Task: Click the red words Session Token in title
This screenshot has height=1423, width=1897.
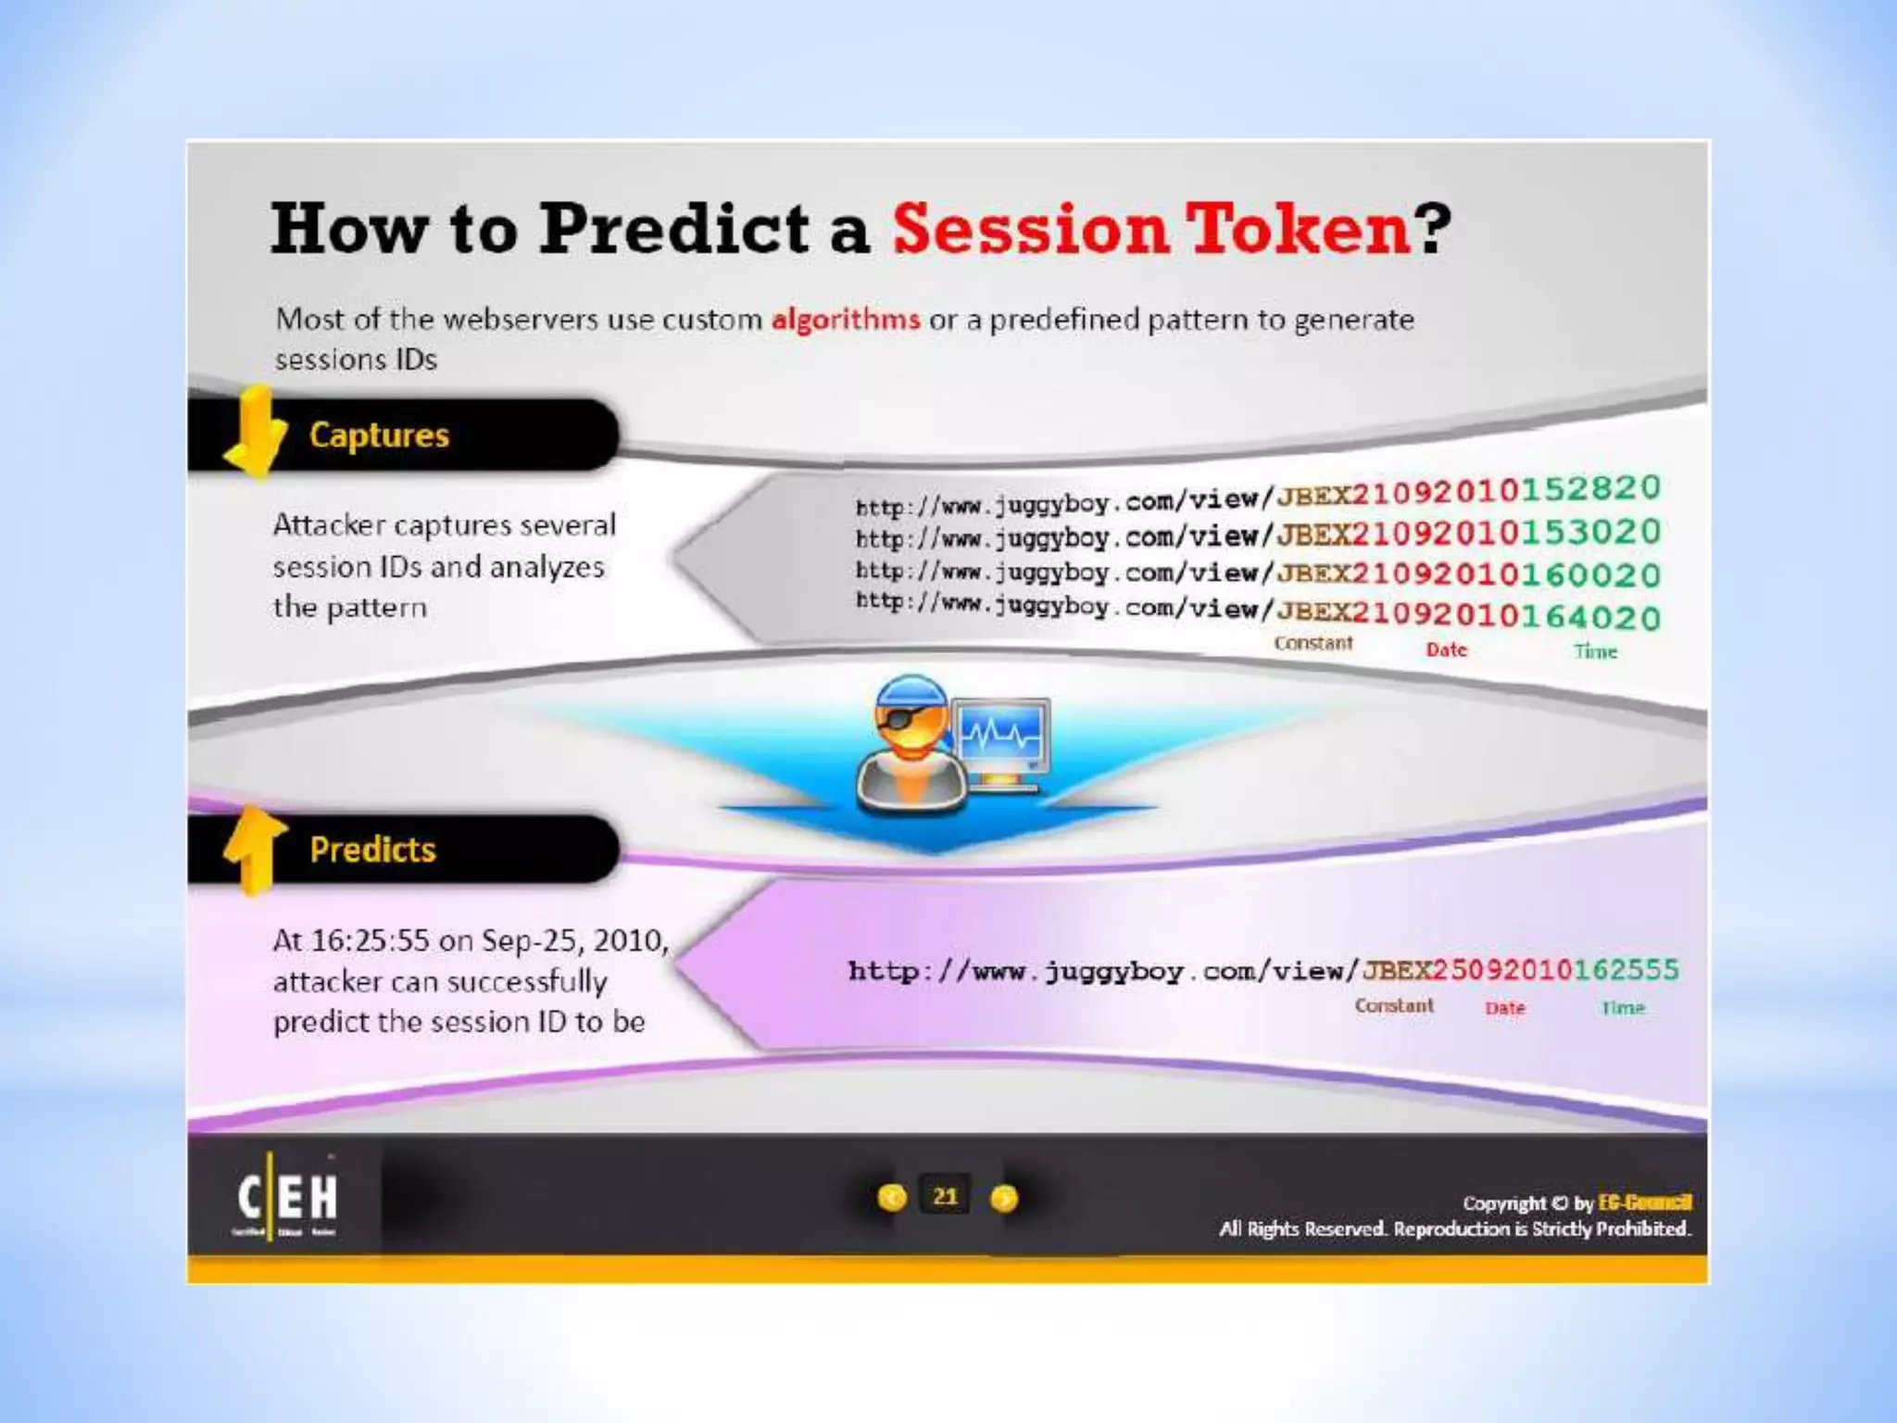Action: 1150,230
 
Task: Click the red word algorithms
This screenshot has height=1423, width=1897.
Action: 845,320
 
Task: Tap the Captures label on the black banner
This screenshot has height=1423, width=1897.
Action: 379,434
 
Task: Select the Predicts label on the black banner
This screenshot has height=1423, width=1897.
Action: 372,850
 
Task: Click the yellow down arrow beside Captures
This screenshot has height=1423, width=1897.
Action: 254,434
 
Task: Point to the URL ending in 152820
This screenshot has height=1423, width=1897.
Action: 1257,497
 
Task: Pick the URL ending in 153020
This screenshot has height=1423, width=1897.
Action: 1257,535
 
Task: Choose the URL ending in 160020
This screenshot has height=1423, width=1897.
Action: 1257,573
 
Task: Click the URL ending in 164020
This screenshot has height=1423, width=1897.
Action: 1257,611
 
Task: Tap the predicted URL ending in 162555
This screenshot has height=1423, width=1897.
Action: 1263,971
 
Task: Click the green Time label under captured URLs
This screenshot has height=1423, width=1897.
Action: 1595,651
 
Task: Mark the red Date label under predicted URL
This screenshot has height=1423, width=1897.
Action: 1504,1008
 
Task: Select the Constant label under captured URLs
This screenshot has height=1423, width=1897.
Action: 1313,643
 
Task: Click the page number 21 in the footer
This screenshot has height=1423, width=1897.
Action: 945,1197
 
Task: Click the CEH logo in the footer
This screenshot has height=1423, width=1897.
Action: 287,1197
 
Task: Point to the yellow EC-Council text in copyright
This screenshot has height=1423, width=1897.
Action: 1644,1203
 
